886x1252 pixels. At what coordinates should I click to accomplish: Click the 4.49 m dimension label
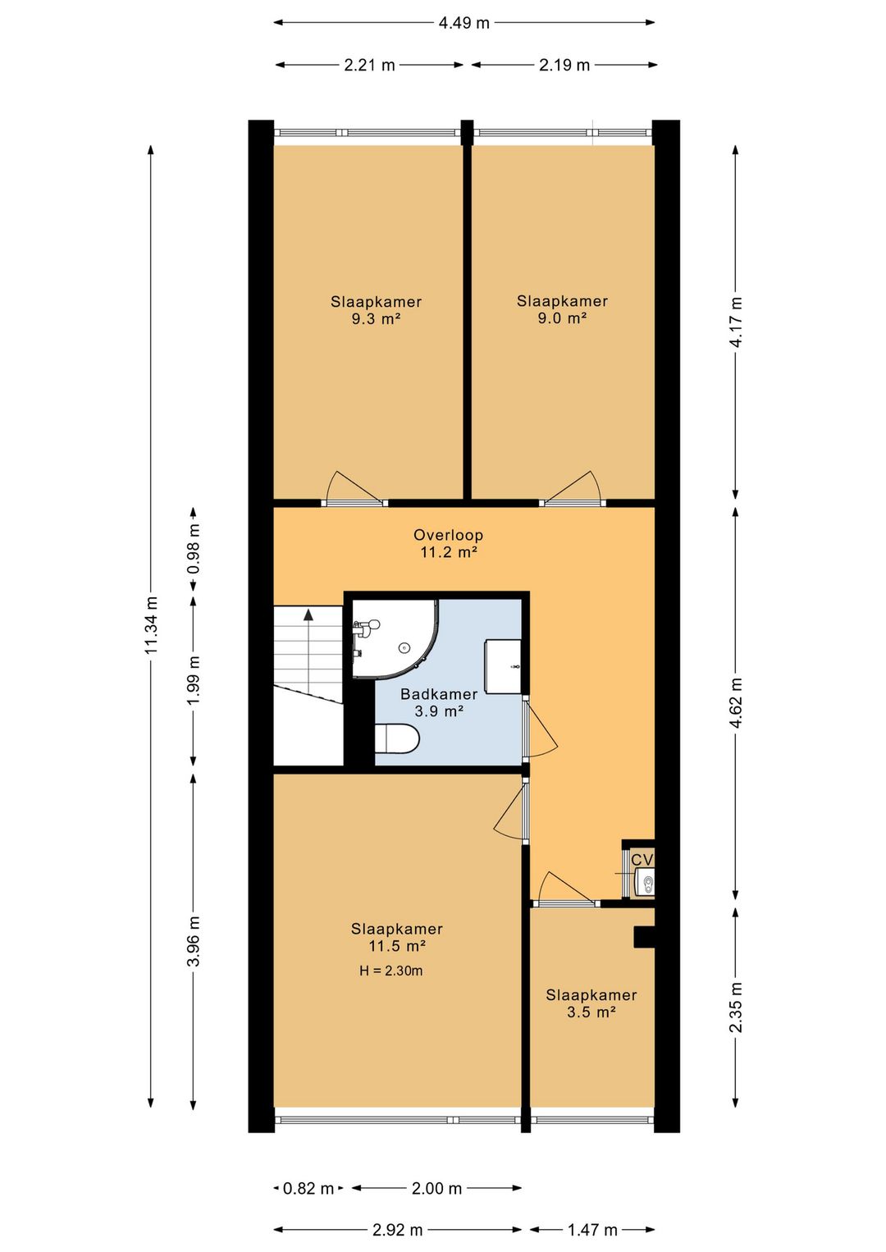pos(464,23)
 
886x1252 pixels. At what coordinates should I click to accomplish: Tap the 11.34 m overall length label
pos(152,625)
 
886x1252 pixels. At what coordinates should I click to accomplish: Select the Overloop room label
pos(448,535)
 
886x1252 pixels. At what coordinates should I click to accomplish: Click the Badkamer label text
pos(439,694)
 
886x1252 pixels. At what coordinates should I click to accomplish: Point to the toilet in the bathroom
pos(396,738)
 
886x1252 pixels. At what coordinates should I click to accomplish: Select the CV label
pos(642,860)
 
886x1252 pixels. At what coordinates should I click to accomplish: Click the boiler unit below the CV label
pos(645,883)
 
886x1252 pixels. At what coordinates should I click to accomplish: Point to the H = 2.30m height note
pos(390,971)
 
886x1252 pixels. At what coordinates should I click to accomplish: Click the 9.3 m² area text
pos(376,319)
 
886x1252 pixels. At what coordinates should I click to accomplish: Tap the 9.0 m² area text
pos(562,318)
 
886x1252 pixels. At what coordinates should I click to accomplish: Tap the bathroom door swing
pos(541,729)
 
